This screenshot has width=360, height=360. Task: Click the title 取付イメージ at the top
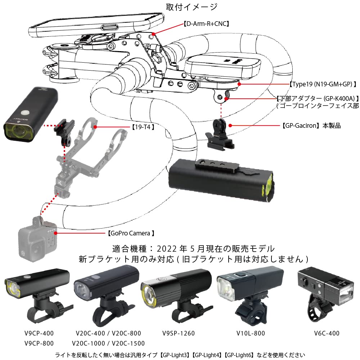click(192, 7)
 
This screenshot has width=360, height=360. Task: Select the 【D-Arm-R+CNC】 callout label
click(206, 24)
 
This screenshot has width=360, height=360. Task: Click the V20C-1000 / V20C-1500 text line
click(108, 343)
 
